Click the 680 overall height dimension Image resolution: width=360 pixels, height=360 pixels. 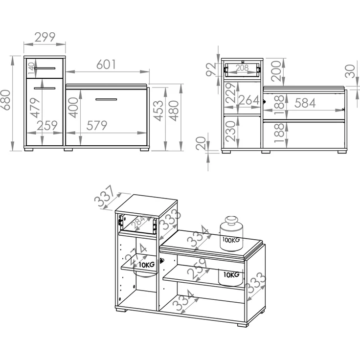5,100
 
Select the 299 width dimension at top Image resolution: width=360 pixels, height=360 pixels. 45,37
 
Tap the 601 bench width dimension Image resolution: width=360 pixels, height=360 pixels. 106,64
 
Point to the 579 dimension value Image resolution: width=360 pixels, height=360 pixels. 97,125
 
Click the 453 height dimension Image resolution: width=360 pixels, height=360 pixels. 158,111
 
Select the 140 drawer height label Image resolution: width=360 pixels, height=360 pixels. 31,68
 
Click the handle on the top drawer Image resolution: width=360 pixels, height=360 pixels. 45,68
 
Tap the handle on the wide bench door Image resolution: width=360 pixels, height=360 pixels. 106,99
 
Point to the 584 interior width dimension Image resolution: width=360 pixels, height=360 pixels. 305,103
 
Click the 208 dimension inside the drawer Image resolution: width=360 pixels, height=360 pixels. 242,67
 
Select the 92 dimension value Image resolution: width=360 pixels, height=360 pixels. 211,69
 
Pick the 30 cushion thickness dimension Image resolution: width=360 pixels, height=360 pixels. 350,71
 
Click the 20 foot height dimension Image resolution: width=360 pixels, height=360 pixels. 201,143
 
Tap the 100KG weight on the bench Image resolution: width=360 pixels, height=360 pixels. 231,240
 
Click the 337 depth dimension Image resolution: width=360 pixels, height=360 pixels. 104,196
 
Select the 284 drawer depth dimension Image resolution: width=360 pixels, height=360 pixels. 138,221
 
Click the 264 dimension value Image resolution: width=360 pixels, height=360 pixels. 249,100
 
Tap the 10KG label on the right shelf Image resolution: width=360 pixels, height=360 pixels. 231,274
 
